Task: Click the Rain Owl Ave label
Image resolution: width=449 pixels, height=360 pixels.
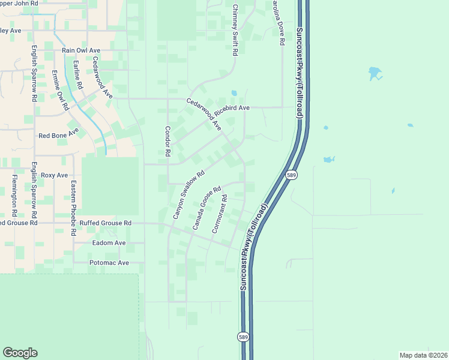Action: [x=80, y=50]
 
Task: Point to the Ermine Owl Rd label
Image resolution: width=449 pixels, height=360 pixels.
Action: [x=61, y=91]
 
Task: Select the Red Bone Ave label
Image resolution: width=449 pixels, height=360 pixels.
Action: [x=59, y=135]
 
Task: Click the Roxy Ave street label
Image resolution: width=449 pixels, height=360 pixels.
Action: [x=55, y=175]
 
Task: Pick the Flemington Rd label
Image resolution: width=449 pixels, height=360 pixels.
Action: [x=13, y=196]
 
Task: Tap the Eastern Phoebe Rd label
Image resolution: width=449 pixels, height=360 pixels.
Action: [x=73, y=199]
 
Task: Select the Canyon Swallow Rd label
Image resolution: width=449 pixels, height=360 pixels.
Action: [x=189, y=194]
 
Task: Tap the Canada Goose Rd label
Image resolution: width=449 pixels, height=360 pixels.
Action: [x=207, y=208]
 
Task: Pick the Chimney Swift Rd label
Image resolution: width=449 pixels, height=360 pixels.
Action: [x=235, y=31]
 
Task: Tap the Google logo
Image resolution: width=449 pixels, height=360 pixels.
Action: [x=20, y=353]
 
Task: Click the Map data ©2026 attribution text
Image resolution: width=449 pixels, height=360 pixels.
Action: [x=423, y=355]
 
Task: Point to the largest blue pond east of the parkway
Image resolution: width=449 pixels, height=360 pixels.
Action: [x=375, y=74]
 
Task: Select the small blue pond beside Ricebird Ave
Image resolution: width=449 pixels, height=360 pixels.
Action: [x=234, y=94]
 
